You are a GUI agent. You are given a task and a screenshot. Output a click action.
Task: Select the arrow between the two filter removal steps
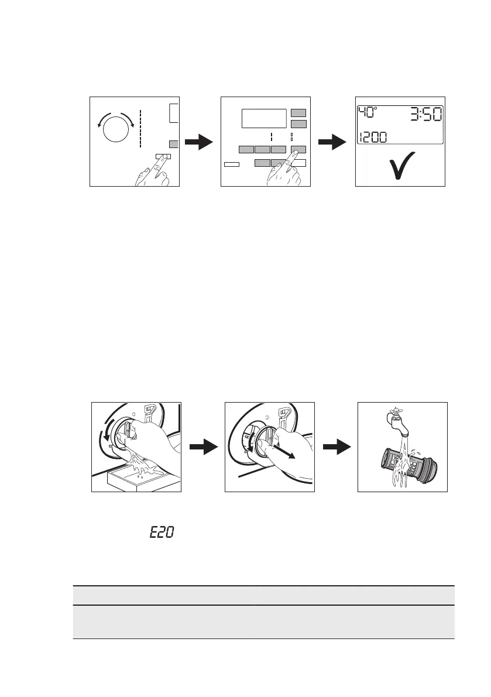202,448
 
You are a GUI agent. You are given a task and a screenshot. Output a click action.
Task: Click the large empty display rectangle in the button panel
264,118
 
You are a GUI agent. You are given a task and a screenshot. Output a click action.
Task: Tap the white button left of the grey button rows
232,166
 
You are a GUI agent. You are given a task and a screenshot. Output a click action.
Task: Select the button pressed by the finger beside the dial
163,157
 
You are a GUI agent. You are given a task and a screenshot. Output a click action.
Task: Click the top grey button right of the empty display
298,112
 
